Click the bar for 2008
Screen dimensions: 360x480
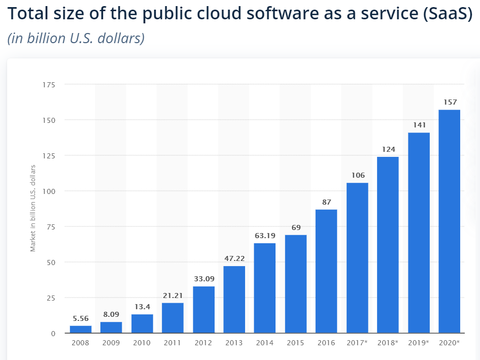coord(80,329)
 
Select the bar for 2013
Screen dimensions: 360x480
coord(234,300)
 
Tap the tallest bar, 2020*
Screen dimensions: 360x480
coord(449,221)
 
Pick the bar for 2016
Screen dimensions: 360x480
coord(326,271)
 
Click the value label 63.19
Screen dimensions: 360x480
coord(265,236)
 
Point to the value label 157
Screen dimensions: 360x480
coord(450,102)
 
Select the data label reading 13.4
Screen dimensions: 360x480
coord(142,307)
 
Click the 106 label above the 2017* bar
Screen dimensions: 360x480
coord(358,175)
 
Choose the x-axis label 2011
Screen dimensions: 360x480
coord(173,343)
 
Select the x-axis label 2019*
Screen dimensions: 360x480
coord(419,343)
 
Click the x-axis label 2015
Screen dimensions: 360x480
coord(295,343)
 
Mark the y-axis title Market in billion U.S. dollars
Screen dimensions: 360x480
coord(33,208)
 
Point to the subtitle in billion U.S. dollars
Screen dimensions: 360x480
coord(76,39)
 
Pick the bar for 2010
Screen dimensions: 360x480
coord(142,323)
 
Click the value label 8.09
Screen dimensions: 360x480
coord(111,314)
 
